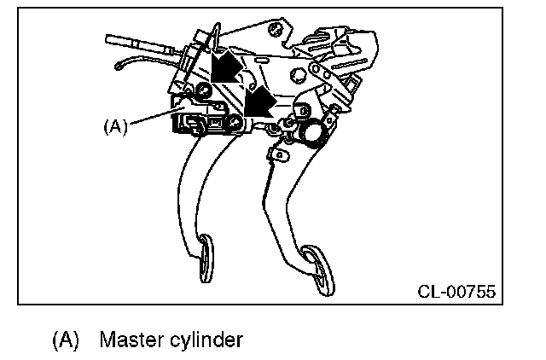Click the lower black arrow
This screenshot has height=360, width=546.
click(x=258, y=102)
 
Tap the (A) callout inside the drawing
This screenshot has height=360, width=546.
click(x=114, y=126)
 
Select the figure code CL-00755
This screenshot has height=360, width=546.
click(x=456, y=292)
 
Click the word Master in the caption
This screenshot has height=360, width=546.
click(x=128, y=340)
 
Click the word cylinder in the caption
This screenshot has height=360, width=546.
click(x=209, y=340)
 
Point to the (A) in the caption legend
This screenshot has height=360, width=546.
click(x=66, y=340)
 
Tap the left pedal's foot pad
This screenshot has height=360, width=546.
click(x=207, y=260)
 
